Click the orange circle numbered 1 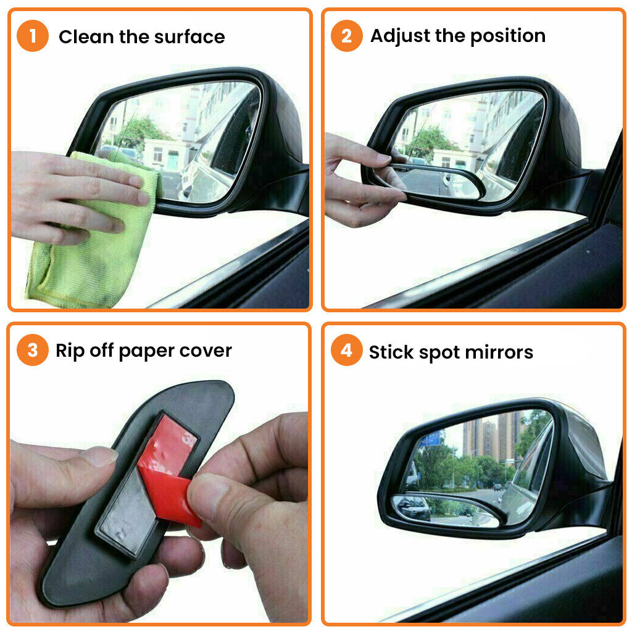click(x=33, y=36)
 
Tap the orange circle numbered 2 click(x=347, y=36)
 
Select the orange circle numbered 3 click(x=33, y=350)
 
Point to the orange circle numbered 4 click(x=347, y=350)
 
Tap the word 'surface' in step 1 click(x=189, y=36)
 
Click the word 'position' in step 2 click(x=508, y=36)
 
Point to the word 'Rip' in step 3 click(x=70, y=351)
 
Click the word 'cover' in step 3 click(x=206, y=351)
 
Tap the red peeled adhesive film click(x=169, y=472)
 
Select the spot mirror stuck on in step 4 click(x=446, y=510)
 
